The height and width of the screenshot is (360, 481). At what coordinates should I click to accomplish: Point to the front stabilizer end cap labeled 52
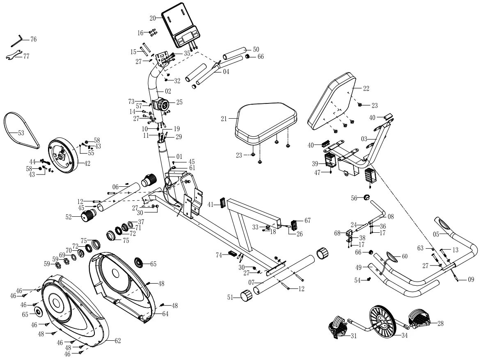[x=87, y=216]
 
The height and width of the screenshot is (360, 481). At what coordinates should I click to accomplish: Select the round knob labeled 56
[x=365, y=198]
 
